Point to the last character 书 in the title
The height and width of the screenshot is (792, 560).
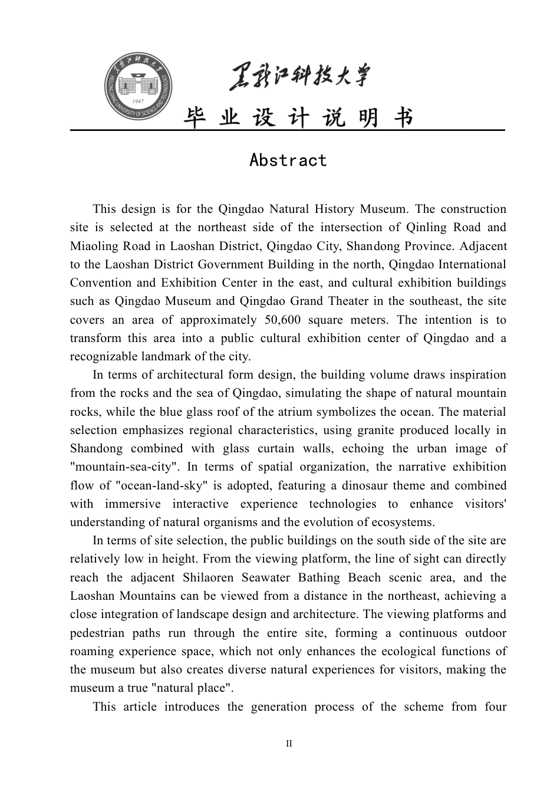point(403,118)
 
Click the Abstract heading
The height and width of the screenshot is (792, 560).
point(288,160)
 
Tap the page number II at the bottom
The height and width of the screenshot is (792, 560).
point(289,744)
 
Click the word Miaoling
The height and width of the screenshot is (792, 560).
point(93,246)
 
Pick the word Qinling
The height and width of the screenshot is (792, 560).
point(427,228)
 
